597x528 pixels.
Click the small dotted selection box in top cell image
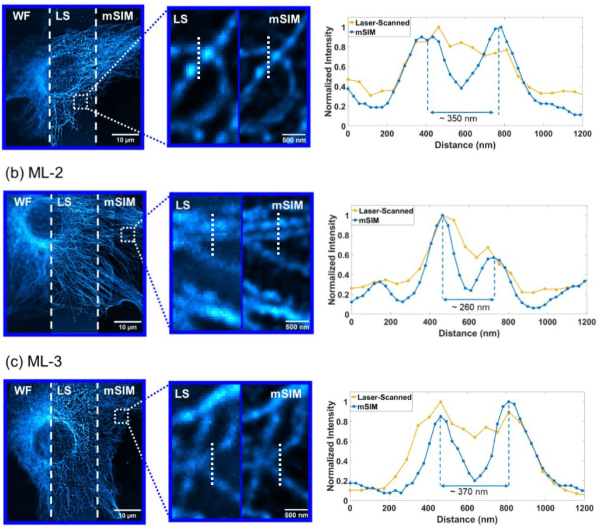click(x=81, y=102)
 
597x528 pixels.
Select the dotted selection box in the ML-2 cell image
click(x=127, y=235)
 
